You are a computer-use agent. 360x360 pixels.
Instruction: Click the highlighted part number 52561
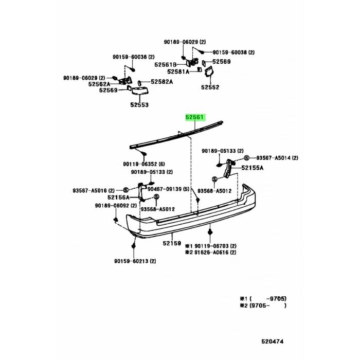(x=195, y=117)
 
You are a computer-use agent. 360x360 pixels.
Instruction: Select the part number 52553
(x=139, y=104)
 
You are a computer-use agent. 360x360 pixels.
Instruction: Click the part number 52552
(x=210, y=87)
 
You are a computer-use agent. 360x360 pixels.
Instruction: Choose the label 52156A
(x=118, y=197)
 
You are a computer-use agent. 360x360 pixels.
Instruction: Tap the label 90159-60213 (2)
(x=135, y=261)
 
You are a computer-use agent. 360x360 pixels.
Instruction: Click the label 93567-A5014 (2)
(x=278, y=158)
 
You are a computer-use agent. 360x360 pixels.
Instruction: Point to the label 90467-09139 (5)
(x=168, y=189)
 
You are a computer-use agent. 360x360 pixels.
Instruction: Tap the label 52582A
(x=162, y=82)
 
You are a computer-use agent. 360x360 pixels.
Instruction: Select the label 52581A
(x=178, y=72)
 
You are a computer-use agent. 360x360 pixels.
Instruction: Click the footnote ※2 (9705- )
(x=263, y=305)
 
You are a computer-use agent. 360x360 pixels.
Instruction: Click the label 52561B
(x=166, y=65)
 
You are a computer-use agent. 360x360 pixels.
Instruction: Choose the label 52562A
(x=99, y=84)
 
